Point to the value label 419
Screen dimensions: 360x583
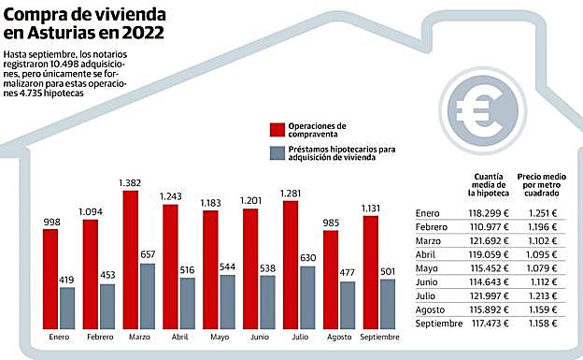(66, 280)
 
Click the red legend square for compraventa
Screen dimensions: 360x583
(277, 129)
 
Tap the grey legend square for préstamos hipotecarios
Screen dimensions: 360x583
(277, 152)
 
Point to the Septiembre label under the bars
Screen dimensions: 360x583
(380, 337)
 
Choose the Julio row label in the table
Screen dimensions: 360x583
(426, 295)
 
